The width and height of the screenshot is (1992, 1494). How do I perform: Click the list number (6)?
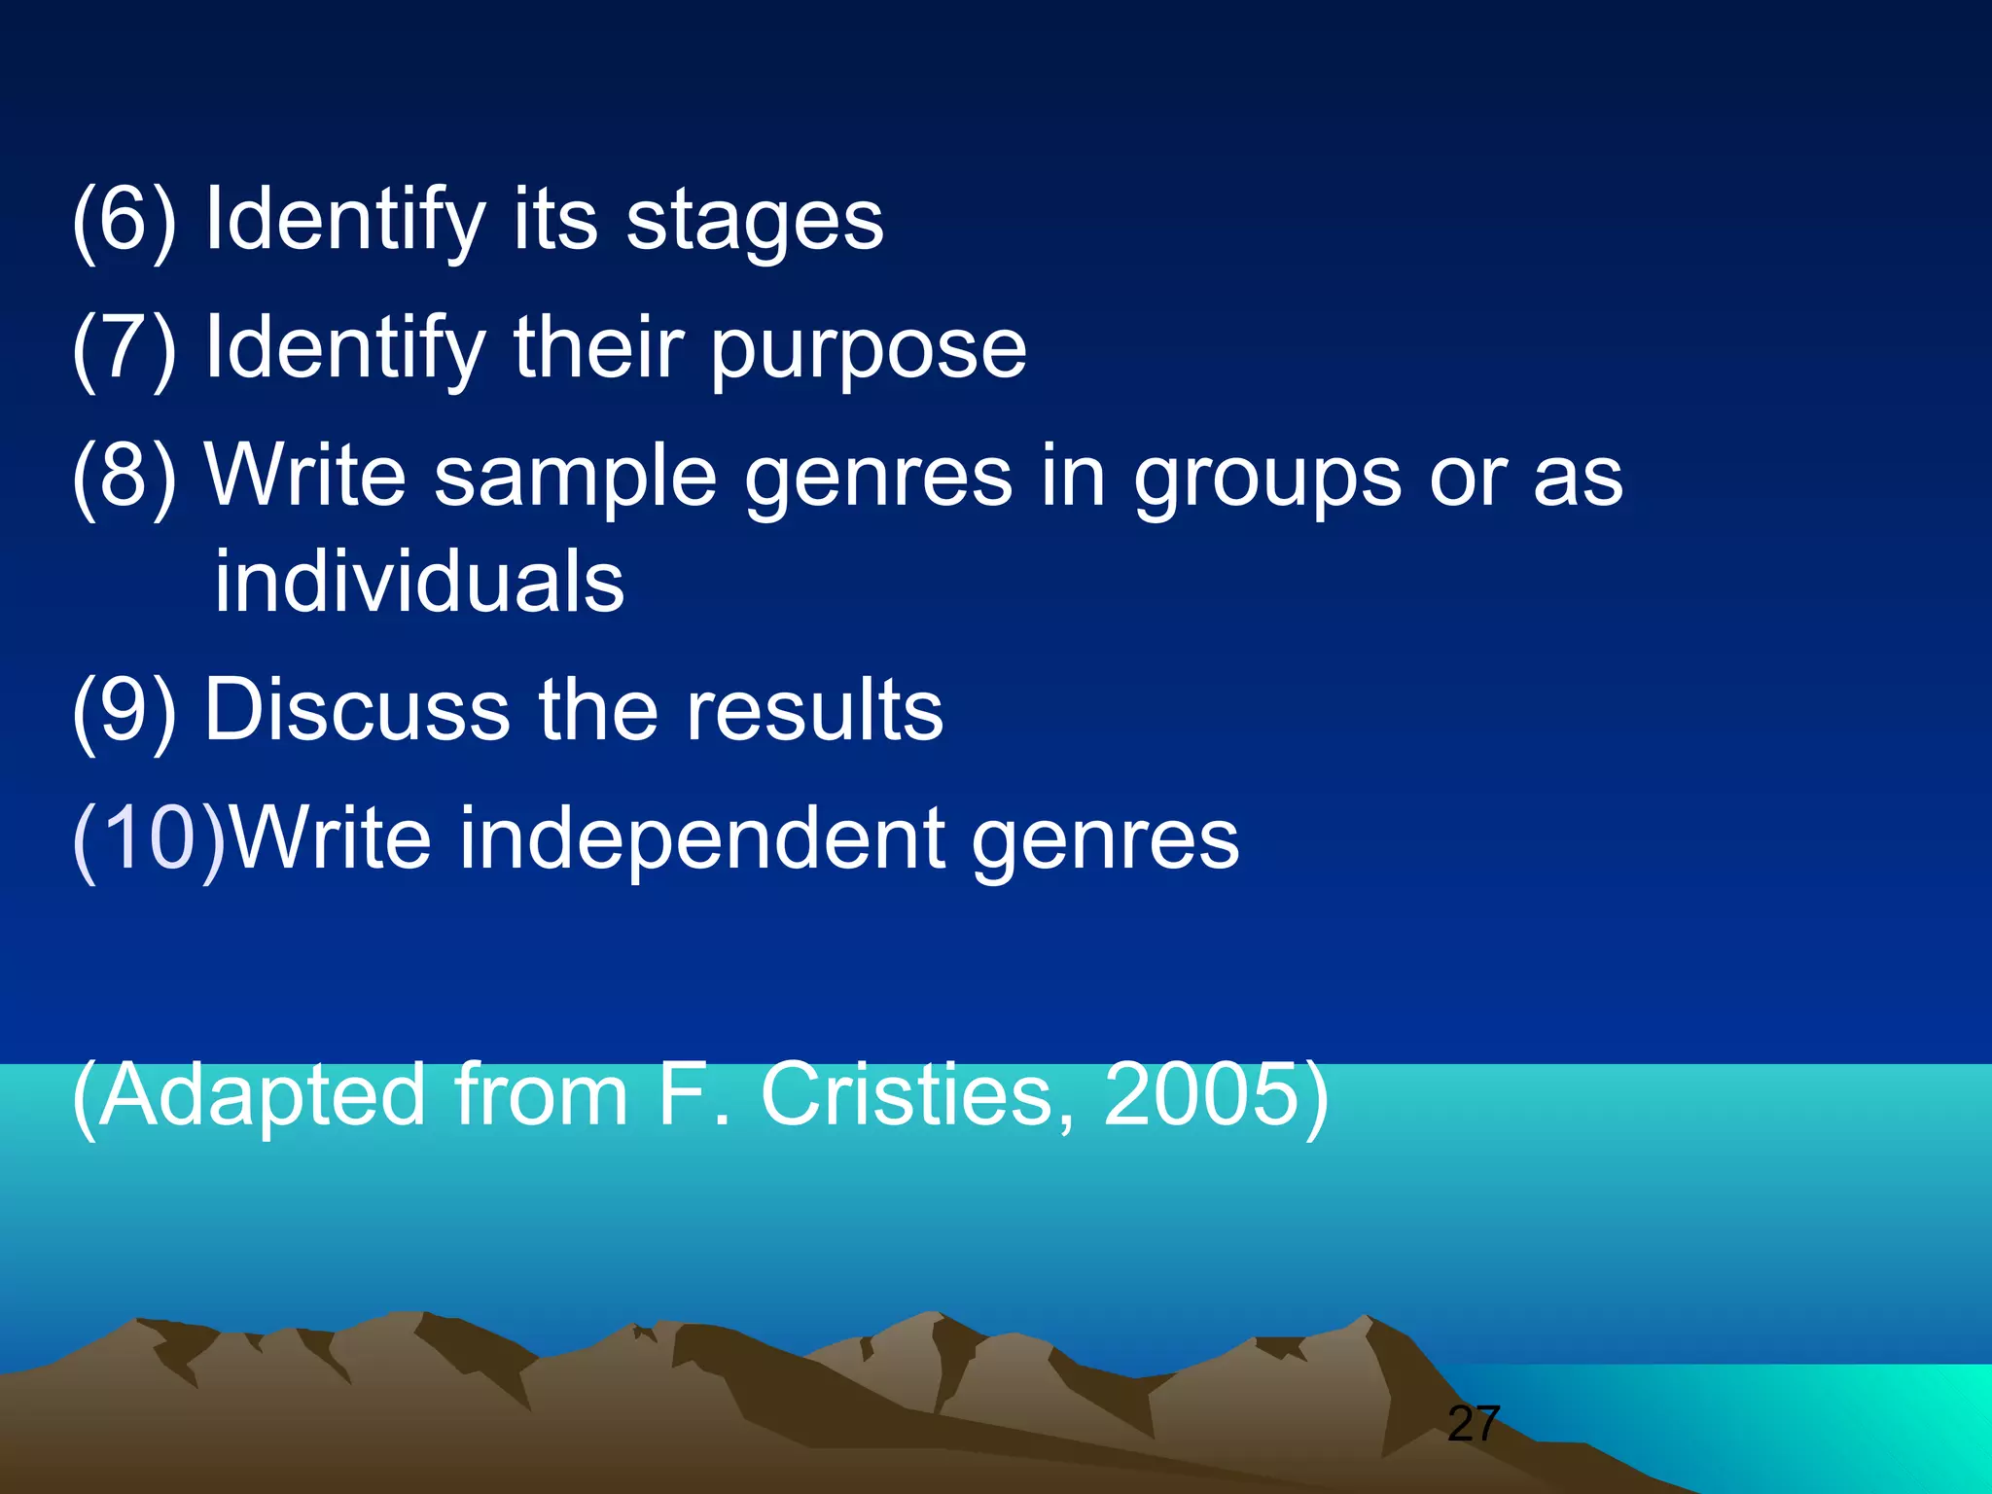(124, 221)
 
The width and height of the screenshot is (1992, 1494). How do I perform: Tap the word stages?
(754, 221)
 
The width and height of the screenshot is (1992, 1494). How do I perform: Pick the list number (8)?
(124, 477)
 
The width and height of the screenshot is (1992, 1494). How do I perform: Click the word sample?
(575, 477)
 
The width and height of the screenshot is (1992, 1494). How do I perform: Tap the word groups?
(1267, 477)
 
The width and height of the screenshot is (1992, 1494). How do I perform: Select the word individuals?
(419, 581)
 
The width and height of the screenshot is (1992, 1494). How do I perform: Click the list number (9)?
(124, 710)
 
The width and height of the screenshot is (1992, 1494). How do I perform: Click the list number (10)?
(149, 838)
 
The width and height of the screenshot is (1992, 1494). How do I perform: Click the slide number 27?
(1474, 1424)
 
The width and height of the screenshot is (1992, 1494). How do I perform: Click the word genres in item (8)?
(878, 477)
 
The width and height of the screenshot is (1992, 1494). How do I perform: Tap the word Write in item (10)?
(331, 838)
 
